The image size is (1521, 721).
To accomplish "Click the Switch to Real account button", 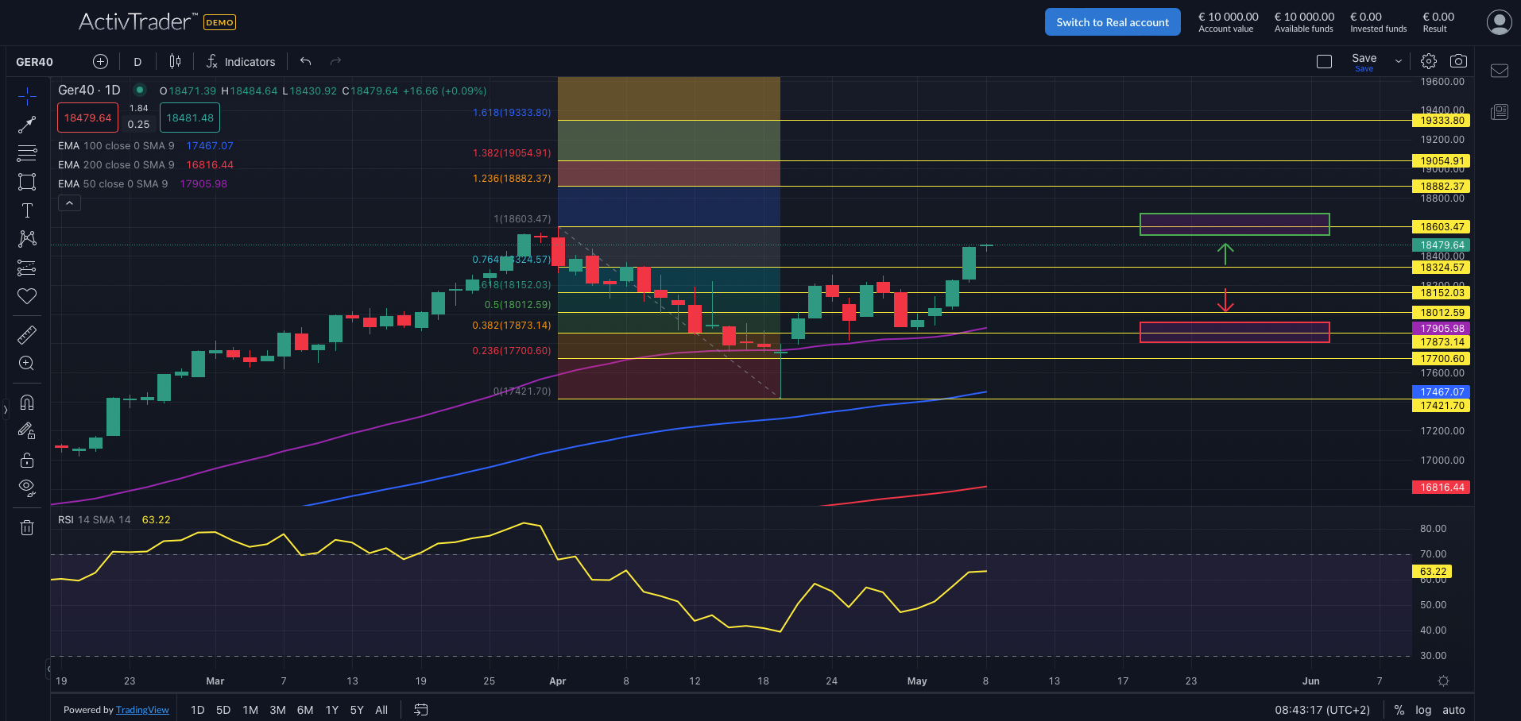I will [x=1112, y=22].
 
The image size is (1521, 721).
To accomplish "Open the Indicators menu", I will [x=241, y=62].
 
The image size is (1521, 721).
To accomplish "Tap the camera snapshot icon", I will [x=1458, y=61].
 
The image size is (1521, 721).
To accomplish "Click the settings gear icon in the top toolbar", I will [x=1429, y=61].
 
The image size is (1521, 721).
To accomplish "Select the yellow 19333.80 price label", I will [x=1442, y=121].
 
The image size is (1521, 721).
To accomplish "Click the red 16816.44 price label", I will [x=1442, y=488].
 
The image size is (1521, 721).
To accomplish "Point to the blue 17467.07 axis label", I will [x=1442, y=392].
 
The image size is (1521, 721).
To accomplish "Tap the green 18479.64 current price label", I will [x=1442, y=245].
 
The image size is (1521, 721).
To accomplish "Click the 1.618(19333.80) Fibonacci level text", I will [x=512, y=113].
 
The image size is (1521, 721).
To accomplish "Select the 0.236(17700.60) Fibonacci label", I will [x=512, y=351].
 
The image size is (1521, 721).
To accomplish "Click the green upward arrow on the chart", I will [x=1225, y=253].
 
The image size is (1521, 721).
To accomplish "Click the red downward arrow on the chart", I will [x=1225, y=301].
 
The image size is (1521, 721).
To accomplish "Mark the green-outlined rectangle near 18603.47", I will [x=1234, y=224].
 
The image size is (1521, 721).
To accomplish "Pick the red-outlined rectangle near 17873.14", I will [x=1234, y=333].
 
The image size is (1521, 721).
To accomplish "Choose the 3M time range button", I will [x=277, y=710].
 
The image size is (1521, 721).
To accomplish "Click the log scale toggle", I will [x=1423, y=710].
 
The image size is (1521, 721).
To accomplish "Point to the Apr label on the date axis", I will [x=558, y=681].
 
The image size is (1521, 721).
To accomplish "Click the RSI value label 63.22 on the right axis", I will [x=1433, y=572].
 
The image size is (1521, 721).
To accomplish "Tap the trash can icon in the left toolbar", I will [x=27, y=528].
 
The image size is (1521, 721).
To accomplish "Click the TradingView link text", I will [x=142, y=710].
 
